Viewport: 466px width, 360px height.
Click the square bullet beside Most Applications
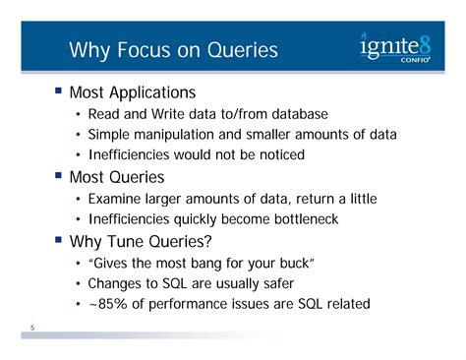click(59, 92)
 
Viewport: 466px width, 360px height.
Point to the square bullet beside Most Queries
click(59, 177)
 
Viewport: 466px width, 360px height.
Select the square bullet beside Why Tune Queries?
click(59, 241)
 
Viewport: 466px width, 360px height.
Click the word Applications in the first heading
click(151, 93)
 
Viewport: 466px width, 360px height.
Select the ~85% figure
click(108, 304)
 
